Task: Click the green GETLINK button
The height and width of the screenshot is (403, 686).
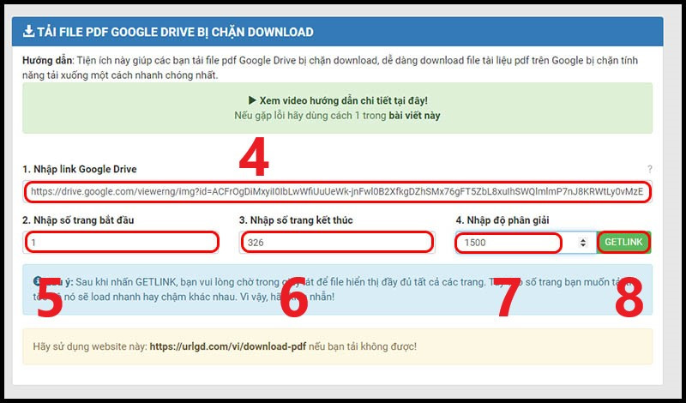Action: pyautogui.click(x=623, y=243)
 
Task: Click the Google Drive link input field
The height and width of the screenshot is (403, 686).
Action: pyautogui.click(x=336, y=191)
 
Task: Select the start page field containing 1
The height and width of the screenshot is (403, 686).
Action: pyautogui.click(x=121, y=243)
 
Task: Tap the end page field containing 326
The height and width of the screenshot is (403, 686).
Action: pyautogui.click(x=336, y=243)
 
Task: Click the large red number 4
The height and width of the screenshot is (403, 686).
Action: pyautogui.click(x=253, y=157)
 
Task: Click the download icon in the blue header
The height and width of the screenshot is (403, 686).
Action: pyautogui.click(x=28, y=33)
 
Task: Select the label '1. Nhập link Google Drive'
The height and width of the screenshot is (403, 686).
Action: pyautogui.click(x=80, y=169)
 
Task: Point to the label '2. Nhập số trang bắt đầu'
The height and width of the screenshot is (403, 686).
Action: pyautogui.click(x=78, y=220)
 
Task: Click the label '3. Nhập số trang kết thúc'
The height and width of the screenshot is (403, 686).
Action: pyautogui.click(x=296, y=220)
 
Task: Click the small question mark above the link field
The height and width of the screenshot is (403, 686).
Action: pyautogui.click(x=649, y=170)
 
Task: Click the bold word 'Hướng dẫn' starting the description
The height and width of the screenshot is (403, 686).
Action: pyautogui.click(x=47, y=61)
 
